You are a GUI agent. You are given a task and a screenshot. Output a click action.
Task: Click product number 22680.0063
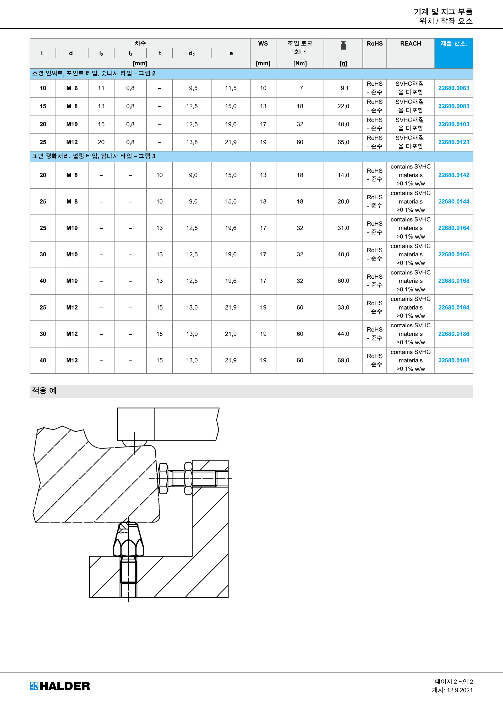tap(453, 88)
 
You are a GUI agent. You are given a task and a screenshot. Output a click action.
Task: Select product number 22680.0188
tap(453, 360)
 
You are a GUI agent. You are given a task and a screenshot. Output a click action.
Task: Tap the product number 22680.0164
tap(453, 228)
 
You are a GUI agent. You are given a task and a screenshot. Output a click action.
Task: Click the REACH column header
tap(411, 44)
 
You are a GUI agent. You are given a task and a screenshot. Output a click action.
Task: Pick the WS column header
tap(263, 44)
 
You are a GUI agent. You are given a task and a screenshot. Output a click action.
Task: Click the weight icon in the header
tap(343, 45)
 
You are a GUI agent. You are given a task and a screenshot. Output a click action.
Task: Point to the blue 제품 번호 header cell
tap(454, 53)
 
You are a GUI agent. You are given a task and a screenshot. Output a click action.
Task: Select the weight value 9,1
tap(345, 88)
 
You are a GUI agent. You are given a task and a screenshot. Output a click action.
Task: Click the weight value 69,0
tap(343, 360)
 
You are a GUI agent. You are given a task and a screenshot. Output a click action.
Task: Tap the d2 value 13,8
tap(192, 142)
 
